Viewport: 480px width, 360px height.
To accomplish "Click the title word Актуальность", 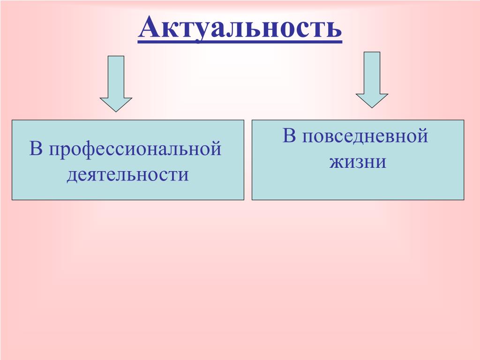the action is click(x=240, y=28).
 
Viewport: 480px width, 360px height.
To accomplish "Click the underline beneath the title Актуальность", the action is click(x=240, y=43).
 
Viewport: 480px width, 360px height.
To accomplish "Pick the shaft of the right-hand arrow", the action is click(x=372, y=73).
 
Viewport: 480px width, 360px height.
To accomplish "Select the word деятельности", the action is click(x=127, y=175).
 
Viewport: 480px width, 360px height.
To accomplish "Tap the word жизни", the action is click(x=358, y=162).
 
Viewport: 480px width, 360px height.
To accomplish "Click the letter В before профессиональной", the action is click(x=36, y=150).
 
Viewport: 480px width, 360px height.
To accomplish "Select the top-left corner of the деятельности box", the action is click(x=12, y=120).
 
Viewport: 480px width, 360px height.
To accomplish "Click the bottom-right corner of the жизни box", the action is click(x=464, y=200).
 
